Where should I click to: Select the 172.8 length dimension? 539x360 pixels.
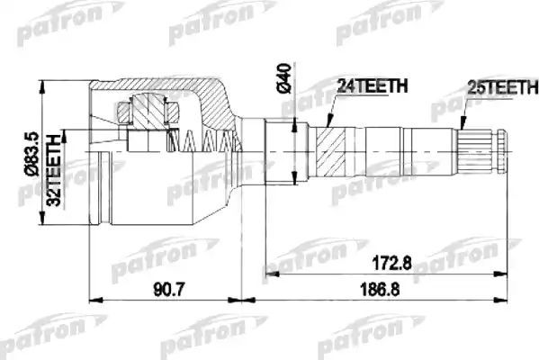382,266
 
